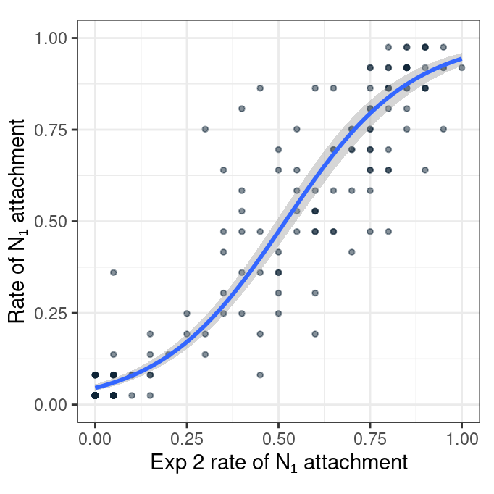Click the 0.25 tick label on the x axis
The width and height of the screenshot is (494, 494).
[187, 439]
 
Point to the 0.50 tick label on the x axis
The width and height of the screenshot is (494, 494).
[278, 439]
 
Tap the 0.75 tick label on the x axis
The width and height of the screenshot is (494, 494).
[370, 439]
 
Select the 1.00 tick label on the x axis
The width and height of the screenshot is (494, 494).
[462, 439]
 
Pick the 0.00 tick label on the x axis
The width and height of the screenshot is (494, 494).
[95, 439]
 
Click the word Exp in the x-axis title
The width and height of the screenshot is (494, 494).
[167, 463]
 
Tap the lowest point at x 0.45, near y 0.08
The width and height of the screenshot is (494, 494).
[260, 374]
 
